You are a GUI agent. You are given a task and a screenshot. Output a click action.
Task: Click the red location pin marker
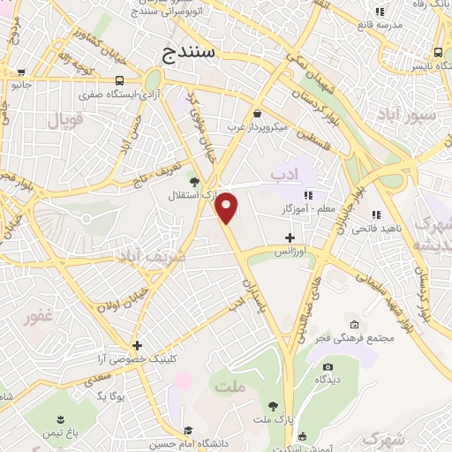click(227, 207)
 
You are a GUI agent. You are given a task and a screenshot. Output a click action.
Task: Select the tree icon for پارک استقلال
click(194, 181)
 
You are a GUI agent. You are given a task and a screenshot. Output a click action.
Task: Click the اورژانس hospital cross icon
click(290, 237)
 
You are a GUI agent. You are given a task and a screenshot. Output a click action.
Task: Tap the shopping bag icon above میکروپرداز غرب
click(257, 114)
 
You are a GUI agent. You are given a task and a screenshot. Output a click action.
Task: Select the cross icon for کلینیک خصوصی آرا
click(137, 345)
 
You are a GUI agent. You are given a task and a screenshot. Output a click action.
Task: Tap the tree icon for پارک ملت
click(274, 406)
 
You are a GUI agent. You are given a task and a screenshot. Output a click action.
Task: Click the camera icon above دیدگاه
click(328, 366)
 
